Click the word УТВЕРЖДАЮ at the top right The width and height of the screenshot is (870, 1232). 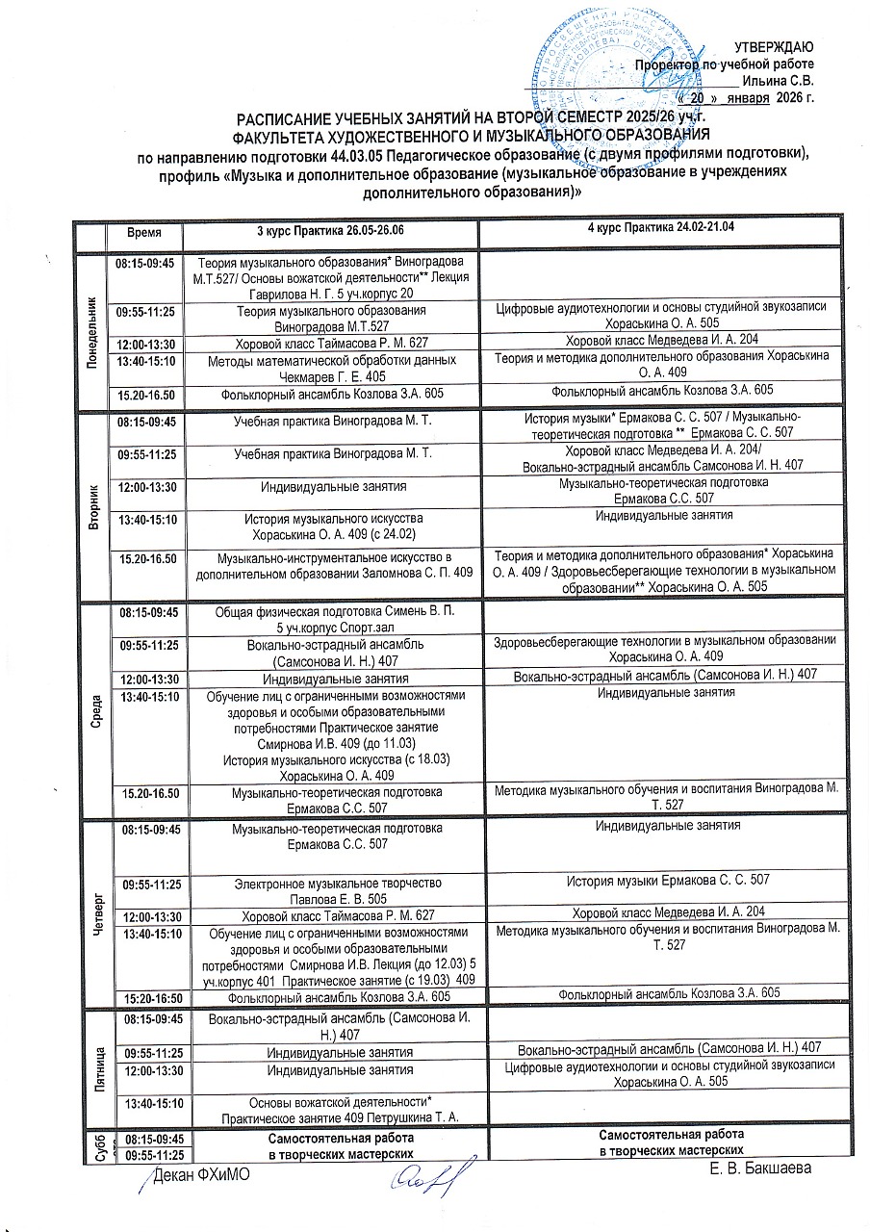coord(775,47)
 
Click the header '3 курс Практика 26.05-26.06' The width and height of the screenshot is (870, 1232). coord(330,232)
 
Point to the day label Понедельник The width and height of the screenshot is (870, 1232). coord(93,328)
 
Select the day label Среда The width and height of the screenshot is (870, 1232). coord(93,710)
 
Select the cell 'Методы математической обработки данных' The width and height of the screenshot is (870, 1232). coord(330,370)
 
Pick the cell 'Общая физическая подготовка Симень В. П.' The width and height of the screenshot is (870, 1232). coord(330,619)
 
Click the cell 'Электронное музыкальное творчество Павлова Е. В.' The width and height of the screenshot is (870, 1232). coord(330,890)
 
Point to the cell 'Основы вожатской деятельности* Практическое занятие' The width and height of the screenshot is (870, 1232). coord(330,1109)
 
